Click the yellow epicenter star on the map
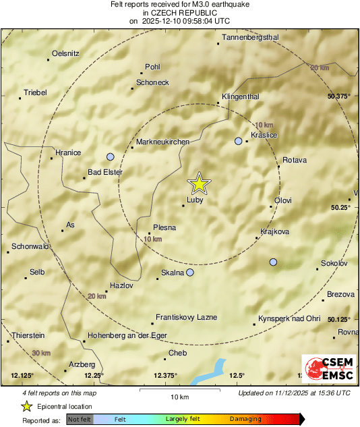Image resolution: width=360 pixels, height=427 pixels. tap(199, 183)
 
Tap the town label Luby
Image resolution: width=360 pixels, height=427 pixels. tap(196, 200)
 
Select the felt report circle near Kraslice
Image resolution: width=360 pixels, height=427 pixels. tap(238, 141)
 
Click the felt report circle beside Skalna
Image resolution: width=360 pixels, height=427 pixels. tap(190, 273)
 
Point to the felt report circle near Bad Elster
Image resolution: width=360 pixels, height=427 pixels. tap(111, 156)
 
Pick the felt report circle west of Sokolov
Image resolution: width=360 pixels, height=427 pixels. tap(273, 262)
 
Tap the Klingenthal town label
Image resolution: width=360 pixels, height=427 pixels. tap(241, 96)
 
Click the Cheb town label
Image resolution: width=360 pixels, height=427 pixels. tap(177, 353)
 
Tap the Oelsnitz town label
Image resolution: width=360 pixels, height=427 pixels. tap(65, 53)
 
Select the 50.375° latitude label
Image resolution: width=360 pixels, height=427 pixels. tap(340, 96)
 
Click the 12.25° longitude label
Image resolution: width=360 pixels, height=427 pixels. tap(94, 375)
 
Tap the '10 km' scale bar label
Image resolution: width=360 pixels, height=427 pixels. tap(179, 396)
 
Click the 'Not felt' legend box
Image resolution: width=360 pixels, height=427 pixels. tap(80, 419)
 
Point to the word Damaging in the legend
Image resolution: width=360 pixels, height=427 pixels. tap(245, 419)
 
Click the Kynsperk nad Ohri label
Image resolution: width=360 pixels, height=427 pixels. tap(289, 318)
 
